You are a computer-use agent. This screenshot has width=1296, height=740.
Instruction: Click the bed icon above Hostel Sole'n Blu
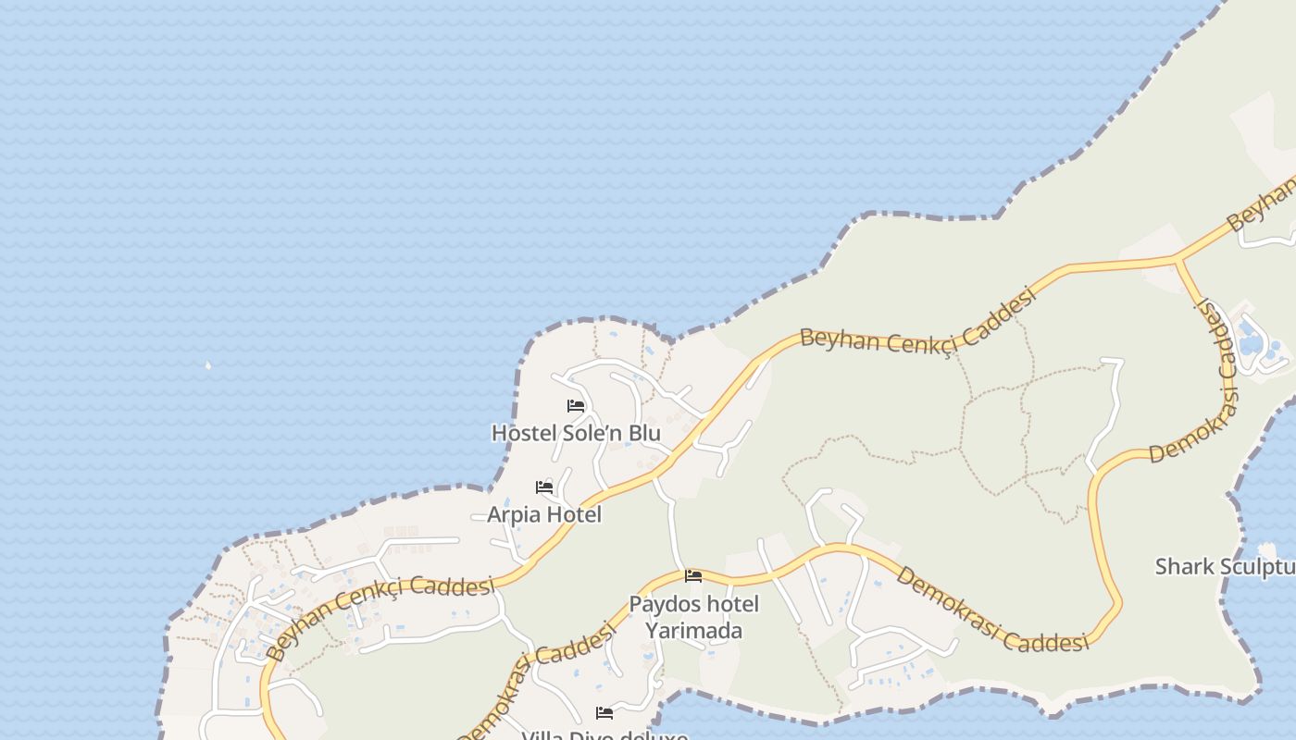pyautogui.click(x=576, y=406)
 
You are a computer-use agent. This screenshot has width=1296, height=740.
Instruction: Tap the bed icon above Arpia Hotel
pyautogui.click(x=544, y=487)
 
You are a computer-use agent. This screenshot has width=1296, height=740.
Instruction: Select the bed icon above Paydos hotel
pyautogui.click(x=692, y=576)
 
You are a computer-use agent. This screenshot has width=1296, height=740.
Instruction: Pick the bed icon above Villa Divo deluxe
pyautogui.click(x=604, y=713)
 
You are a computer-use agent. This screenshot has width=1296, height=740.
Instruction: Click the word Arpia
pyautogui.click(x=513, y=514)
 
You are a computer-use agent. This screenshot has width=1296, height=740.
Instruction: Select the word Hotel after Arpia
pyautogui.click(x=574, y=514)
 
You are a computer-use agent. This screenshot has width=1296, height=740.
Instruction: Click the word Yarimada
pyautogui.click(x=693, y=631)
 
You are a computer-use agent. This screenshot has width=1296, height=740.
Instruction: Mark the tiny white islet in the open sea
pyautogui.click(x=207, y=365)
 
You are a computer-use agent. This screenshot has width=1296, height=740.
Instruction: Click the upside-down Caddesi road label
pyautogui.click(x=1217, y=337)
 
